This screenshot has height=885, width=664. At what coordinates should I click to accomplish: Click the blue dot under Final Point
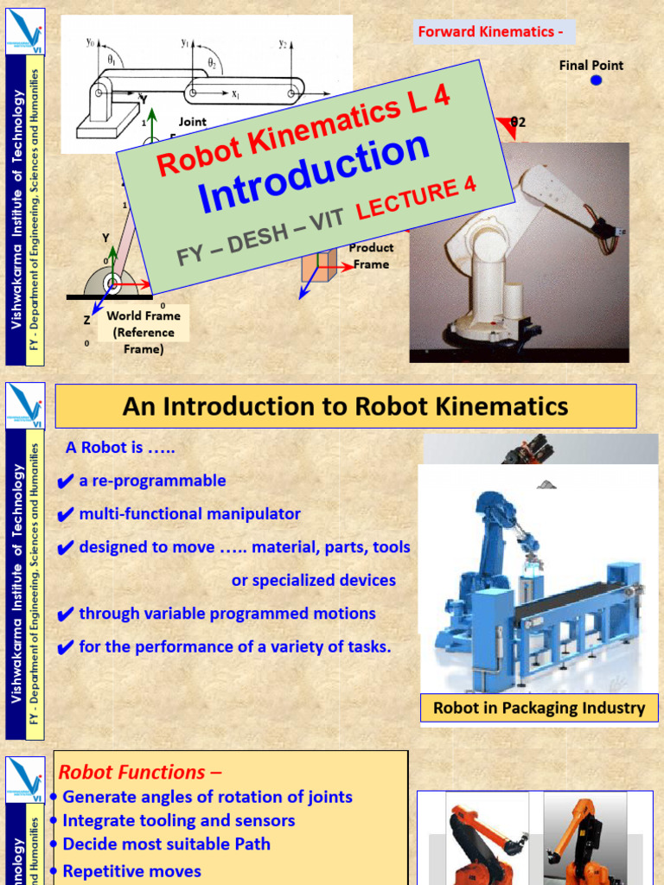[x=596, y=80]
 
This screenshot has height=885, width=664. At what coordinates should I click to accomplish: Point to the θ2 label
[x=518, y=123]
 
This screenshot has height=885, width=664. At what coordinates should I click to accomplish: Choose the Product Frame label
[x=371, y=256]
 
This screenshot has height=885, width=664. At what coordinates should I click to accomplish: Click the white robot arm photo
[x=519, y=251]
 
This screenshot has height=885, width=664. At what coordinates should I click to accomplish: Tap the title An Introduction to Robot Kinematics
[x=346, y=406]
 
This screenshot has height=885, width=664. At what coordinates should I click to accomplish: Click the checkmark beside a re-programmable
[x=65, y=482]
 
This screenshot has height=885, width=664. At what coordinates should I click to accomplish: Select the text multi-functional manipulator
[x=190, y=514]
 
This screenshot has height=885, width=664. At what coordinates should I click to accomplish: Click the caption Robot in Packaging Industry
[x=539, y=709]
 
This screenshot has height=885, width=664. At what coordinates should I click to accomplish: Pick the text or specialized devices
[x=313, y=581]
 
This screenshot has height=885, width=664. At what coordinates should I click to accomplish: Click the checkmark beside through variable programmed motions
[x=65, y=615]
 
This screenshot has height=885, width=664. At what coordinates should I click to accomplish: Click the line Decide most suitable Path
[x=167, y=844]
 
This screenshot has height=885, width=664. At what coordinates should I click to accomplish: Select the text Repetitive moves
[x=132, y=871]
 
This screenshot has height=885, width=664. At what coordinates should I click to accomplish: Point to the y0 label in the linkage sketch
[x=90, y=41]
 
